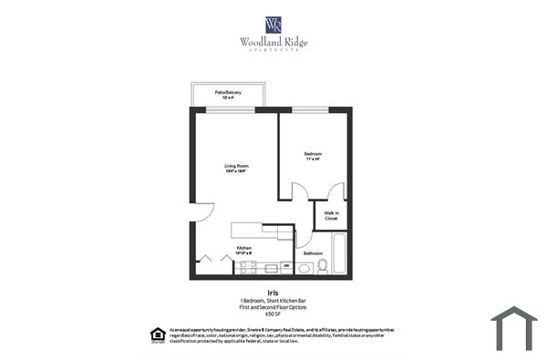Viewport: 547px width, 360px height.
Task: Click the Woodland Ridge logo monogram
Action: pyautogui.click(x=273, y=25)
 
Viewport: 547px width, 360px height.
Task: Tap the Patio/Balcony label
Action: pyautogui.click(x=228, y=94)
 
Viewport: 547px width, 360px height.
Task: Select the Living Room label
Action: pyautogui.click(x=237, y=168)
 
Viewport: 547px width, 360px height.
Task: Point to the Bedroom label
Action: pyautogui.click(x=313, y=156)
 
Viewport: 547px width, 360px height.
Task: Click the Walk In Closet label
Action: pyautogui.click(x=331, y=216)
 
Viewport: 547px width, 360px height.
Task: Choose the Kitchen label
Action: pyautogui.click(x=244, y=248)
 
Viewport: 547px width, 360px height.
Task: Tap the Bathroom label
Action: pyautogui.click(x=313, y=252)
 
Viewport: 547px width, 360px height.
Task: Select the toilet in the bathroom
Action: pyautogui.click(x=322, y=266)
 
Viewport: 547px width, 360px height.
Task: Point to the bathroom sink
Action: pyautogui.click(x=304, y=267)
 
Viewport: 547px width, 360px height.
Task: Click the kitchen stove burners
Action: pyautogui.click(x=247, y=267)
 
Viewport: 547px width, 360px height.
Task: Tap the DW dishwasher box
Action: pyautogui.click(x=285, y=266)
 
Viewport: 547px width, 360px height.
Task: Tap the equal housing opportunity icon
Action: pyautogui.click(x=153, y=334)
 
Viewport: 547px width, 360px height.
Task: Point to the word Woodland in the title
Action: pyautogui.click(x=258, y=41)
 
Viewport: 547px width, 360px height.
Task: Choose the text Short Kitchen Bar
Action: pyautogui.click(x=289, y=301)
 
